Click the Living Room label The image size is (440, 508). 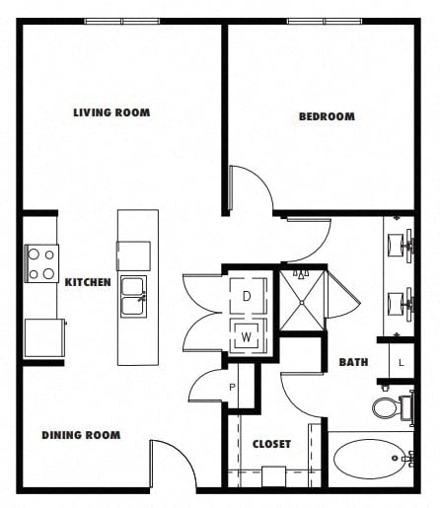(111, 112)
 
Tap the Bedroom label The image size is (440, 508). (327, 116)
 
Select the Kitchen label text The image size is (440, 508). (88, 282)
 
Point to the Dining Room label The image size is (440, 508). (81, 435)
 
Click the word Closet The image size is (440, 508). (271, 444)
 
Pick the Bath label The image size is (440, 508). (353, 362)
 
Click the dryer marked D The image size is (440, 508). (249, 296)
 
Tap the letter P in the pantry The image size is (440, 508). (232, 388)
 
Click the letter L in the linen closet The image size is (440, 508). (401, 363)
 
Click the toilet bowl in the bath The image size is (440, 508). (386, 408)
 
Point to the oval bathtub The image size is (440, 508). (369, 459)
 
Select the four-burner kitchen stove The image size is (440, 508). (41, 263)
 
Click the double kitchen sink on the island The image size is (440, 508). (133, 297)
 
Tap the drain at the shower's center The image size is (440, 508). (302, 303)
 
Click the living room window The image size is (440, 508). (122, 22)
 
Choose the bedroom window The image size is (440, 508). (325, 22)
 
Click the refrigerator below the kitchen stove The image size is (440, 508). (44, 338)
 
